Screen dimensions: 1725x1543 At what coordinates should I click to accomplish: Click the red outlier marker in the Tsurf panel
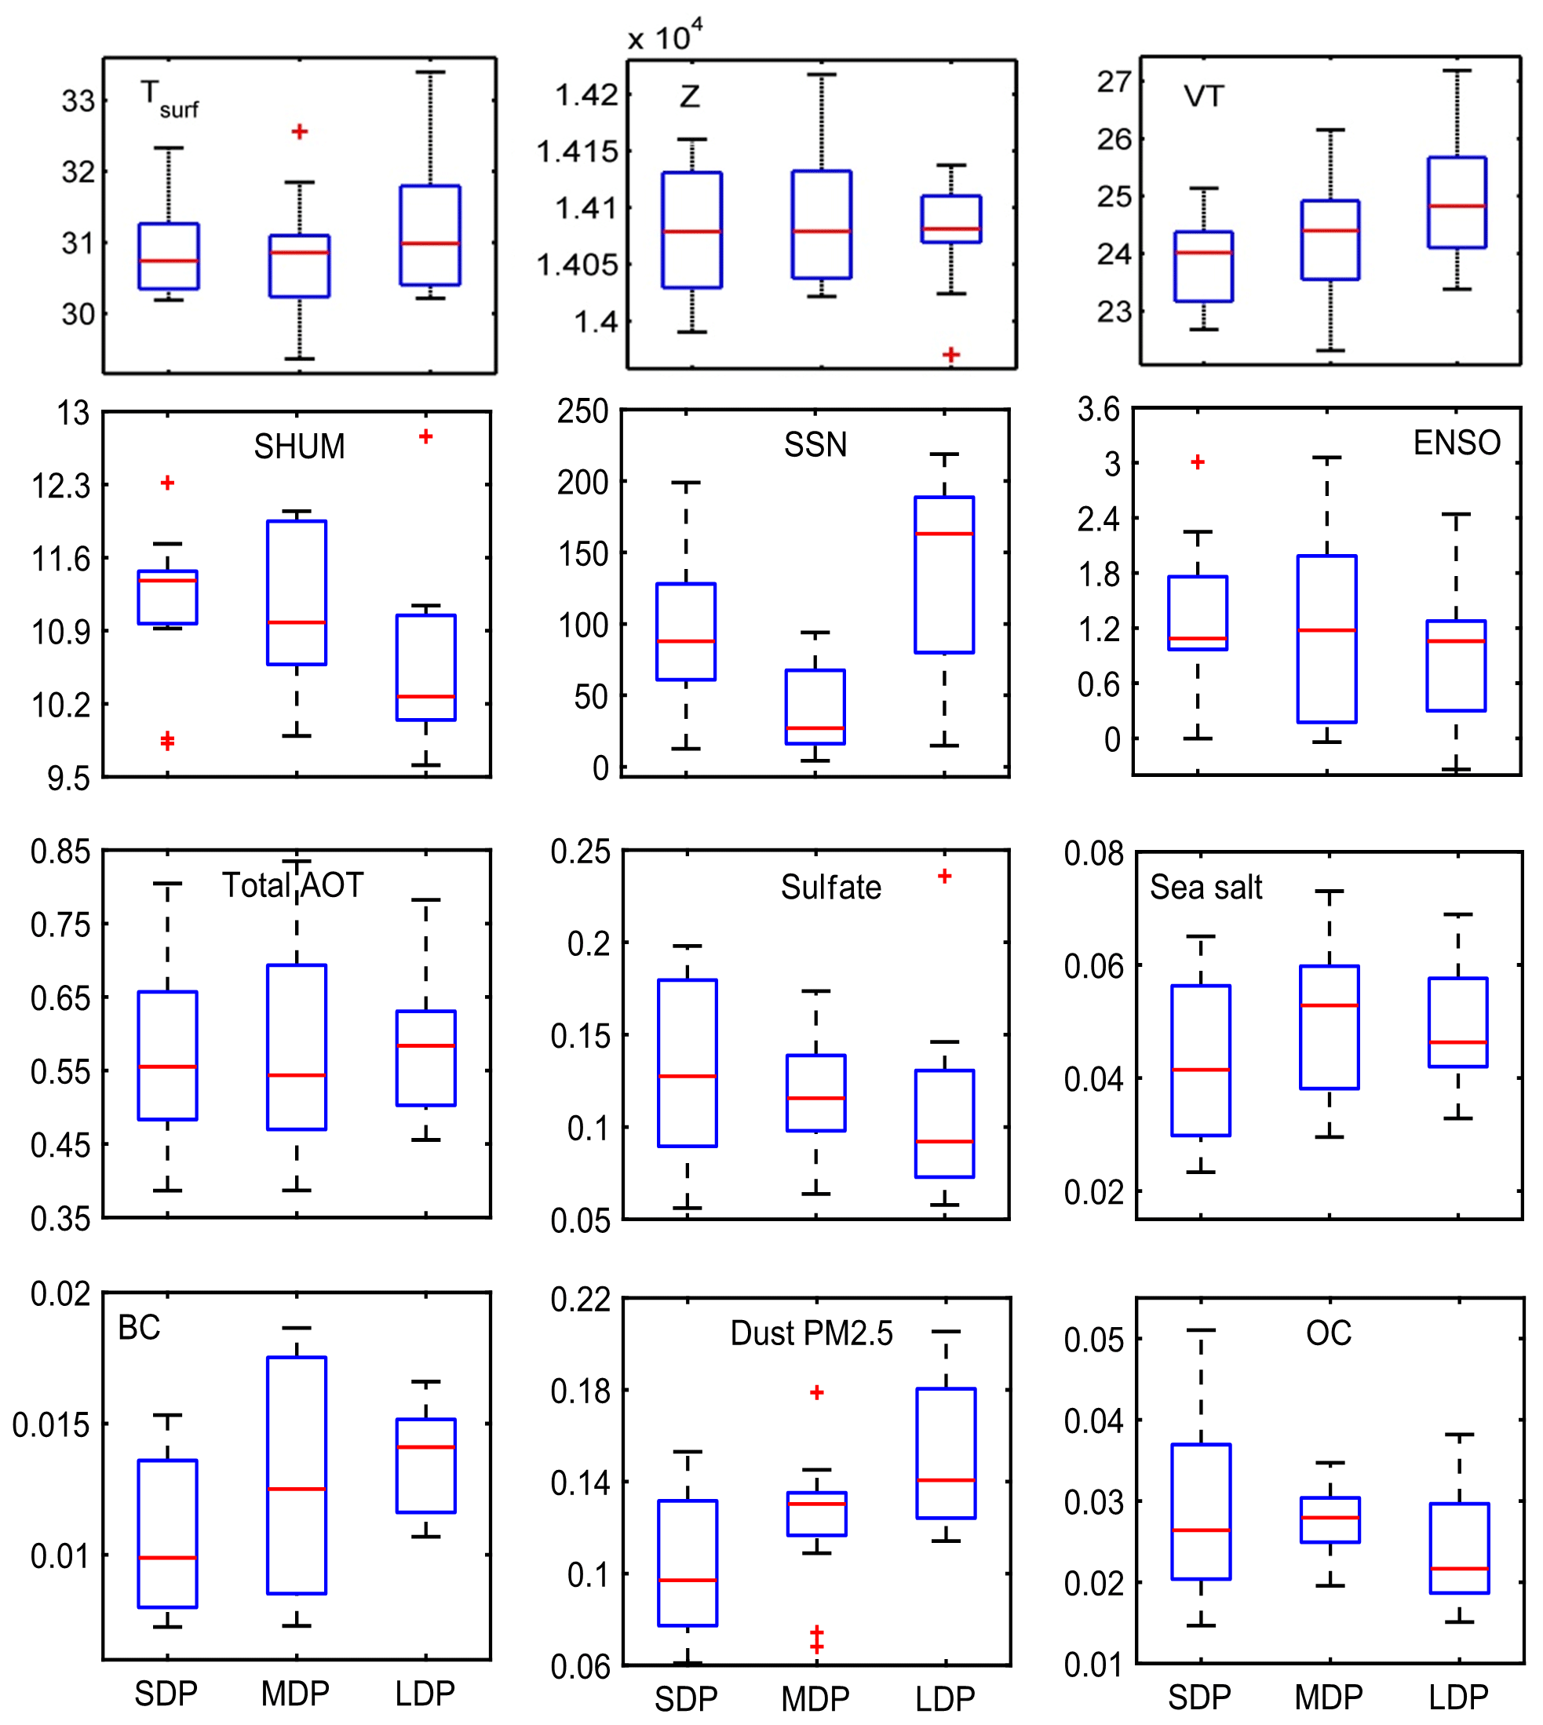tap(299, 131)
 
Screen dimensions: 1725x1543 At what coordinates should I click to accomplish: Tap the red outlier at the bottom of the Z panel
tap(951, 354)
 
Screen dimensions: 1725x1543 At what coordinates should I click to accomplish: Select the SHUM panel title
tap(299, 447)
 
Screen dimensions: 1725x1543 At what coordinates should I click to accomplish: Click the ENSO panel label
tap(1457, 443)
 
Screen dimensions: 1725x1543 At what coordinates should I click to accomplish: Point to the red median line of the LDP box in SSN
tap(944, 534)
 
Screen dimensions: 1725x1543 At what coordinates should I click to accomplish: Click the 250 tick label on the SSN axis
tap(583, 412)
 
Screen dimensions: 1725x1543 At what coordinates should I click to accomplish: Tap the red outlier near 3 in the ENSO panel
tap(1198, 462)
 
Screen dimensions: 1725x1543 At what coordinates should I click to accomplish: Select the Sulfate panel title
tap(831, 888)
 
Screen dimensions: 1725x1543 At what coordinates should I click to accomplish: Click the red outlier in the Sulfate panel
tap(944, 877)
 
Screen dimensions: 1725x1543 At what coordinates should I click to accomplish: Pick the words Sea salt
tap(1206, 888)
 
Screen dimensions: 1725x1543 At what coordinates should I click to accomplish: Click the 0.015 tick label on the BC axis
tap(51, 1425)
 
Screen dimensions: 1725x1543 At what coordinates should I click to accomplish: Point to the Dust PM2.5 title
tap(812, 1333)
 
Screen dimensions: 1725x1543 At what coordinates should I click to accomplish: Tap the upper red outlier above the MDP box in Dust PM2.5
tap(816, 1393)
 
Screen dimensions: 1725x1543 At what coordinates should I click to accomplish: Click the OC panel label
tap(1329, 1333)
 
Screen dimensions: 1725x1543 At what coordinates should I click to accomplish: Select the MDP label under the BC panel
tap(295, 1694)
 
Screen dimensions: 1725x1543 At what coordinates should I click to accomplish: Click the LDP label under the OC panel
tap(1458, 1697)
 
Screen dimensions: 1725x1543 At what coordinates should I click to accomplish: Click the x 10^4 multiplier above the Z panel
tap(665, 36)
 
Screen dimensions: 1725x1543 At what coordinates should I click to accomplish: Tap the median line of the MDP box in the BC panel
tap(297, 1490)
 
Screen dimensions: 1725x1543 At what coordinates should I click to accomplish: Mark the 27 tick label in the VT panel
tap(1114, 82)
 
